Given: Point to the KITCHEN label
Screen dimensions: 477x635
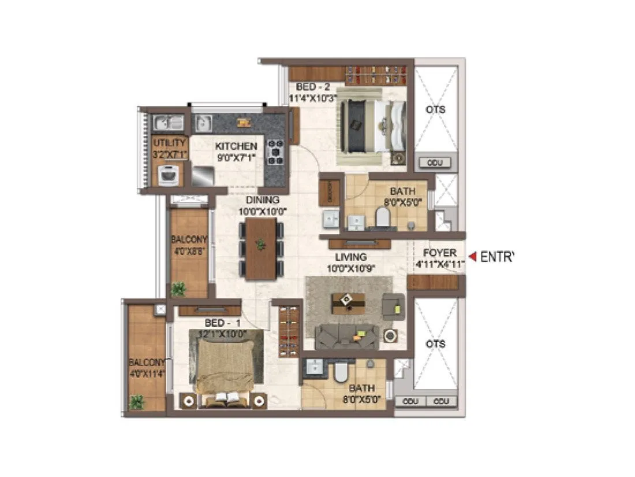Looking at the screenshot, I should pyautogui.click(x=236, y=146).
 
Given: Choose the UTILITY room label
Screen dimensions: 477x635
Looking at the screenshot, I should pyautogui.click(x=169, y=143).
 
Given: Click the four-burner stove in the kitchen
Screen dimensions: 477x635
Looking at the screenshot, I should pyautogui.click(x=275, y=152).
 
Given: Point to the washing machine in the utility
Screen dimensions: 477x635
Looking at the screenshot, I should pyautogui.click(x=169, y=174).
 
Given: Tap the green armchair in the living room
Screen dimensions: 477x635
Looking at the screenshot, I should pyautogui.click(x=394, y=305).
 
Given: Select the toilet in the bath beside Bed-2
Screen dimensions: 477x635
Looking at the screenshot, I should pyautogui.click(x=382, y=217).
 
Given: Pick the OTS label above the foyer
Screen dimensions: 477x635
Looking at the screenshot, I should pyautogui.click(x=436, y=109).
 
